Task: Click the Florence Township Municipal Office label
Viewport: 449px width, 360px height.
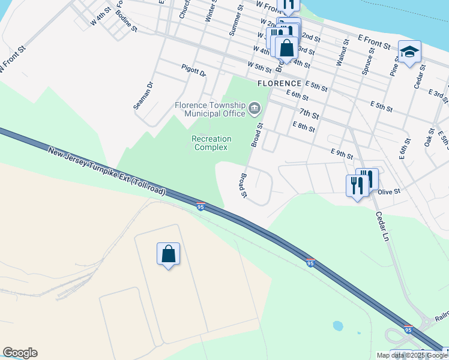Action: click(x=209, y=109)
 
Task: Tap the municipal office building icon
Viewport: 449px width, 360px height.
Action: click(x=255, y=109)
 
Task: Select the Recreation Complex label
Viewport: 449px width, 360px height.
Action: click(x=211, y=143)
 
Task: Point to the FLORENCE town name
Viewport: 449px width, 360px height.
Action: click(x=279, y=83)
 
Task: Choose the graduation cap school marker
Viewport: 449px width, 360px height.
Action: click(x=409, y=52)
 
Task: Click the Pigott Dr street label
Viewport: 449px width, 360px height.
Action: click(x=194, y=72)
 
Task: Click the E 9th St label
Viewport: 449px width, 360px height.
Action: click(x=342, y=154)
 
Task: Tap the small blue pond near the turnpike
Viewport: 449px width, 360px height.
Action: click(x=337, y=326)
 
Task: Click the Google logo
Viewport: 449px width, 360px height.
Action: click(x=20, y=353)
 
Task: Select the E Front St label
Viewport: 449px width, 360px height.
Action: click(x=375, y=41)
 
